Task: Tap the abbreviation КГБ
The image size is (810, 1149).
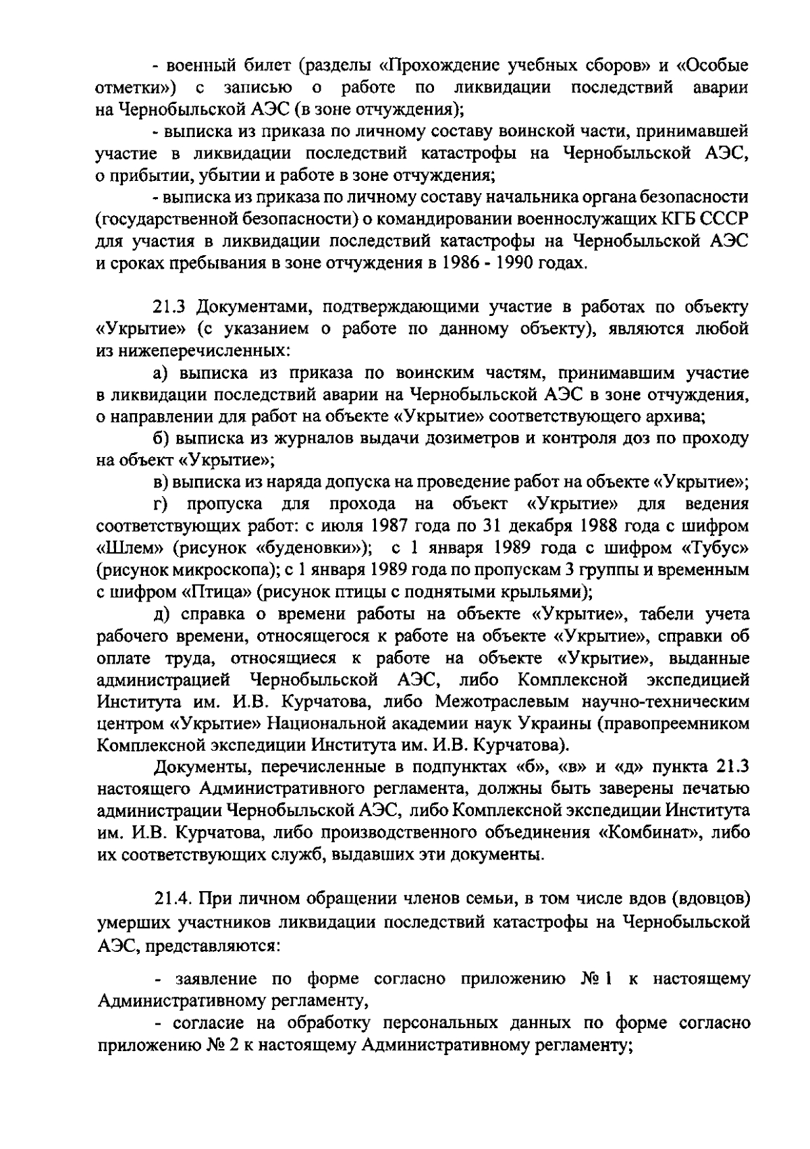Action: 684,219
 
